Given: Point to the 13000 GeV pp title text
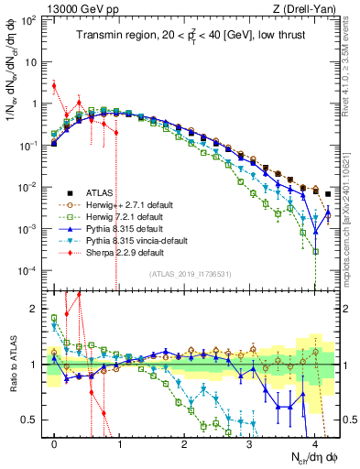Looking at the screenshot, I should tap(72, 7).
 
